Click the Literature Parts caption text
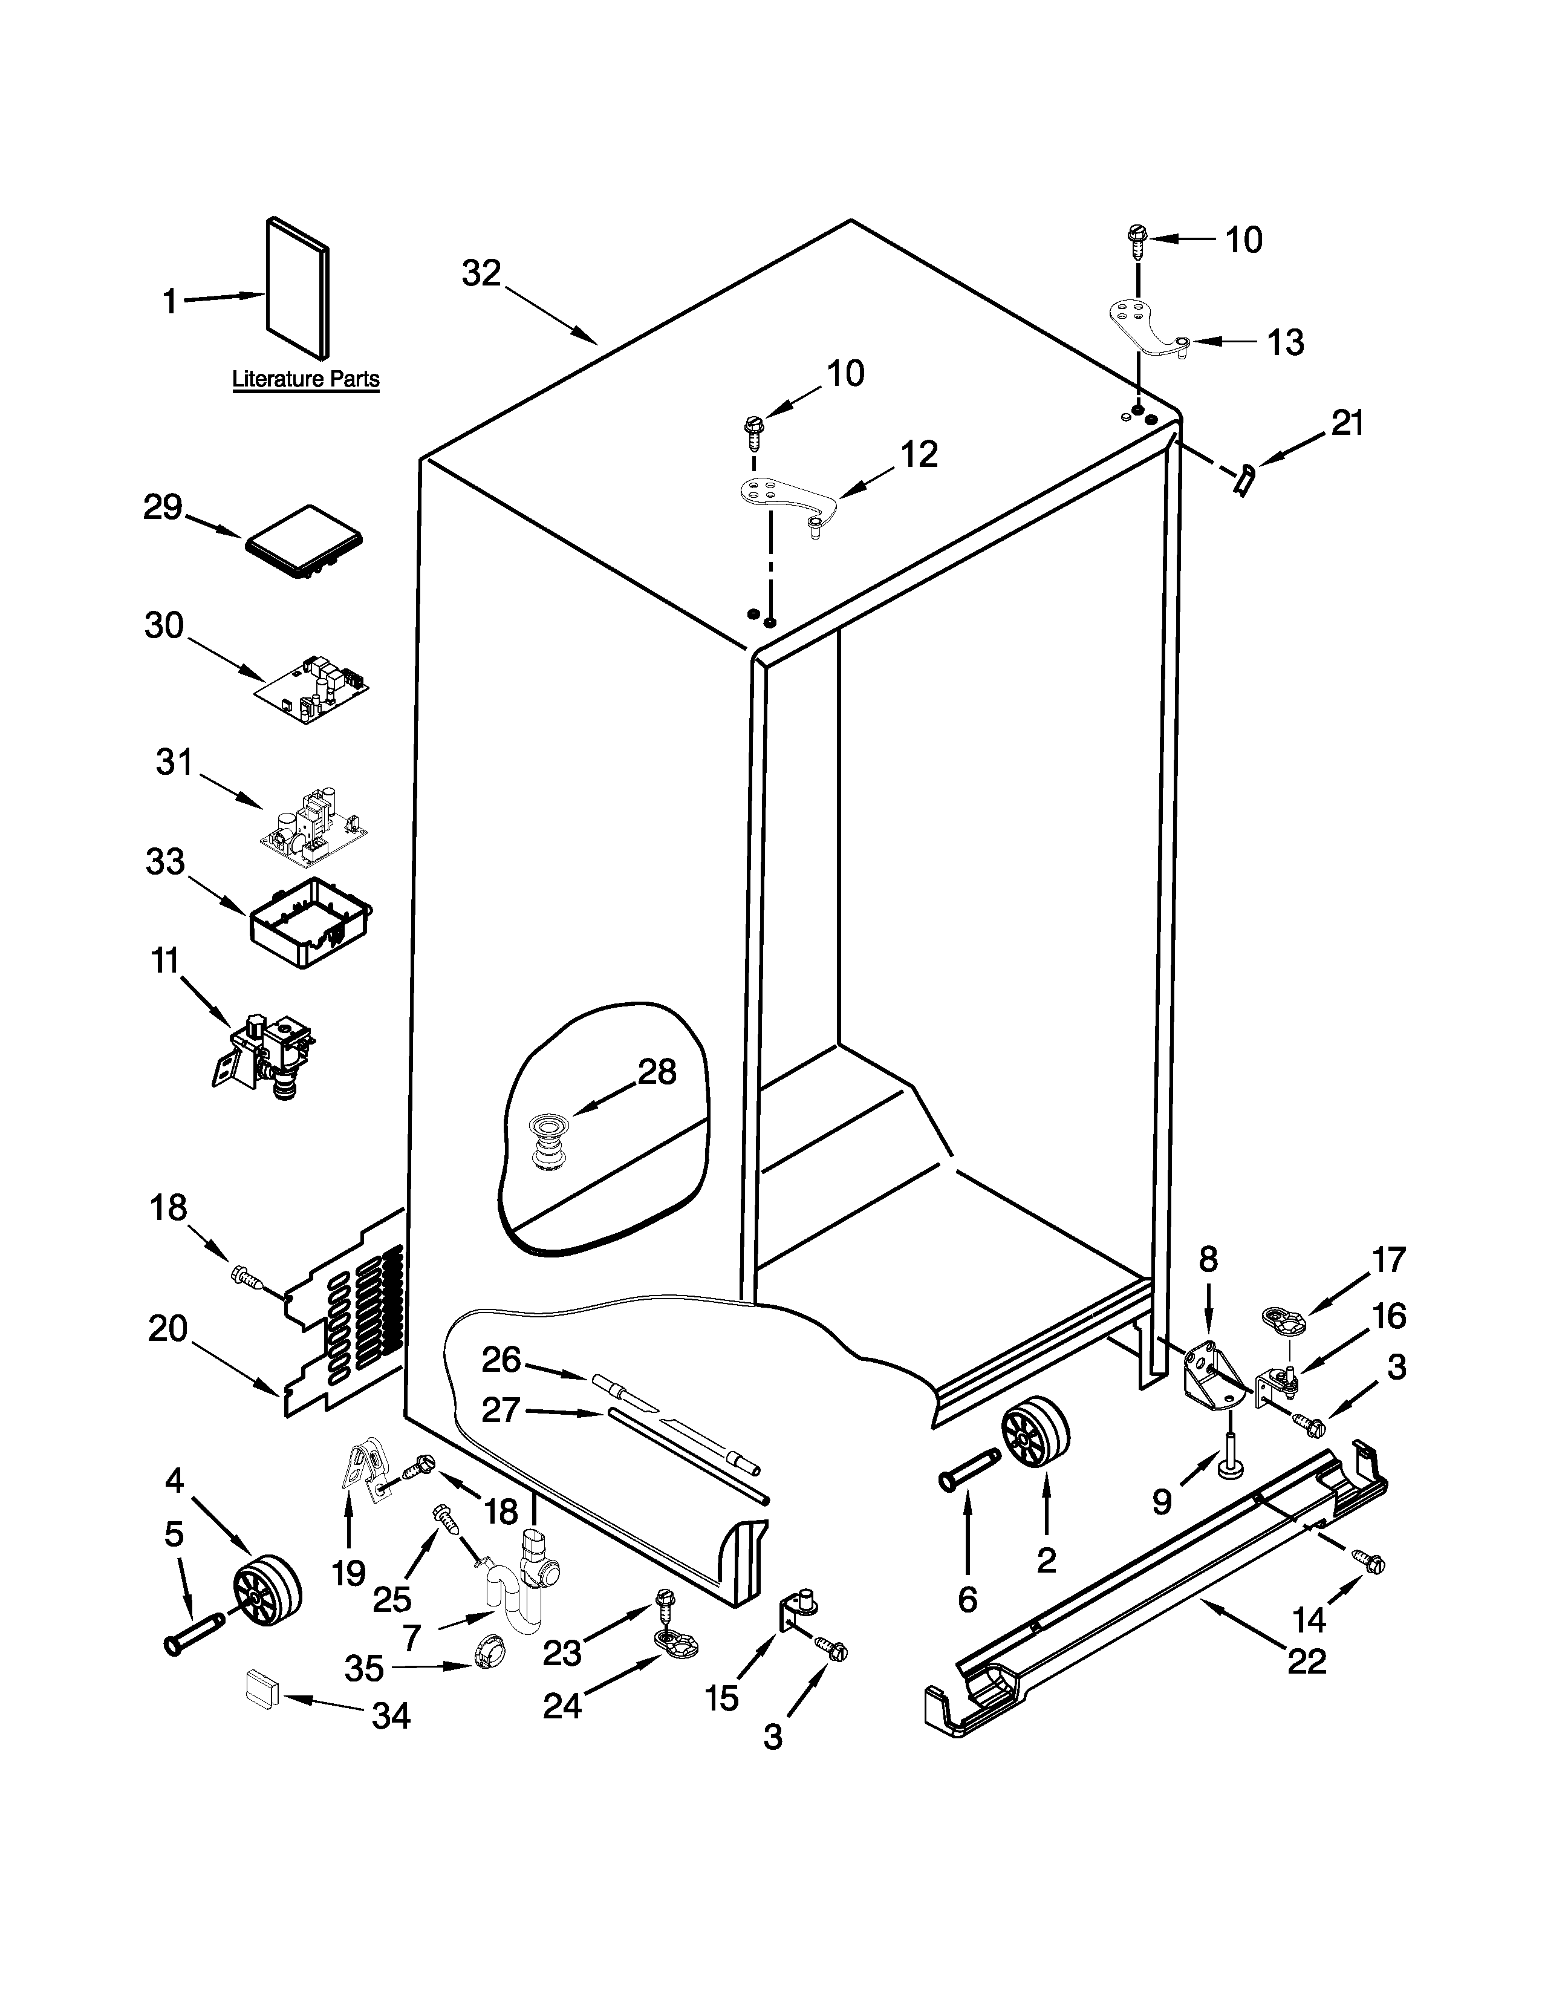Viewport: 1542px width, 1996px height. [305, 379]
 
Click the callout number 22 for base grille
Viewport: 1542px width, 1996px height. [1306, 1660]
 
